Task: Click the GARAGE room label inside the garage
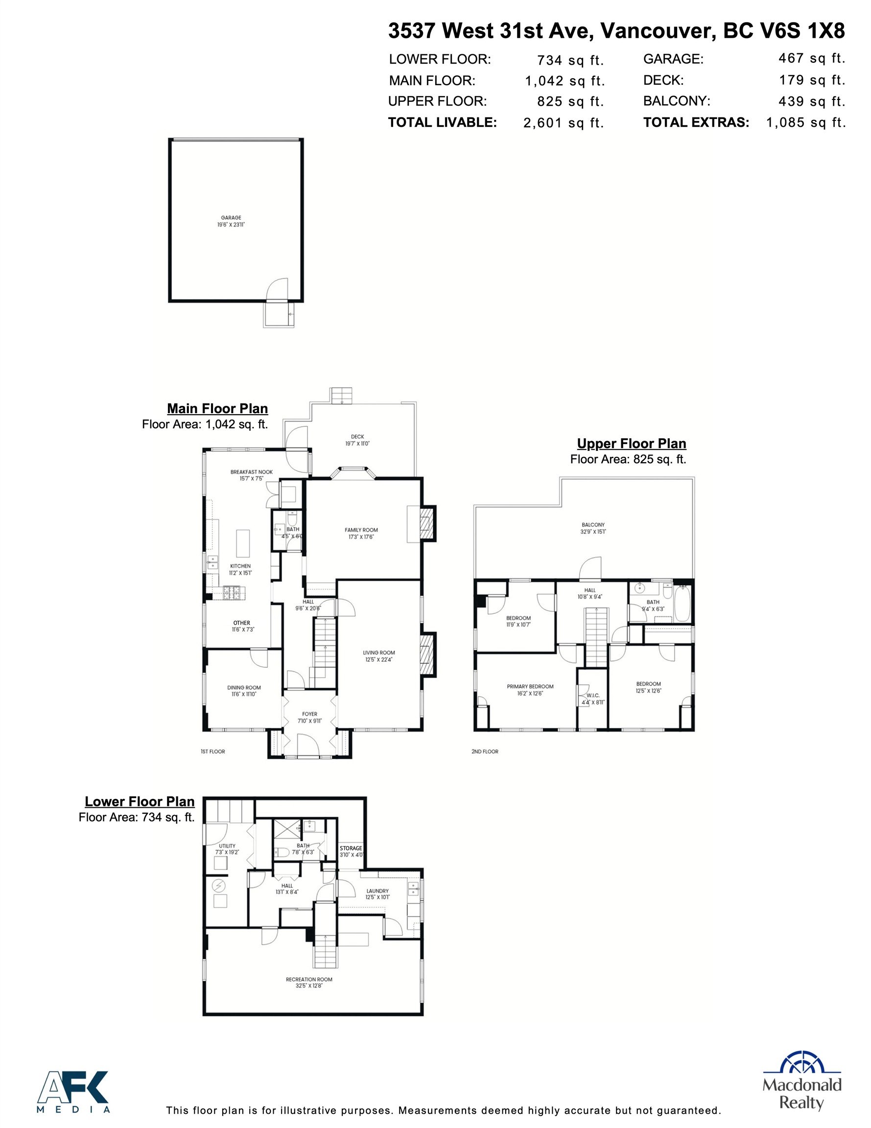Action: click(x=231, y=217)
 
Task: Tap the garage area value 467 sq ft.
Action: click(x=811, y=58)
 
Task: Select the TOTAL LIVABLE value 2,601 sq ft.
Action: click(x=563, y=123)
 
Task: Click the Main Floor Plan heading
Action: click(x=217, y=408)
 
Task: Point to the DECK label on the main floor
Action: click(x=357, y=436)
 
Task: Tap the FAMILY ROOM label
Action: click(x=361, y=530)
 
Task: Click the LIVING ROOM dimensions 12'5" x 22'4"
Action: click(x=378, y=659)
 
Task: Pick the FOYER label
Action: click(x=309, y=714)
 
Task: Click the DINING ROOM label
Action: click(x=244, y=687)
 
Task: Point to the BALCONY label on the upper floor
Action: click(x=592, y=525)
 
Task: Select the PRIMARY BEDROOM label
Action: click(x=530, y=686)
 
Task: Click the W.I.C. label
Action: click(x=592, y=695)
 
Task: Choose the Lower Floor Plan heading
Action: click(x=140, y=801)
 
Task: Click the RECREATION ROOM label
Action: click(x=309, y=979)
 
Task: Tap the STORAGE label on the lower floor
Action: click(x=351, y=848)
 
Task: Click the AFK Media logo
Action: click(x=73, y=1091)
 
